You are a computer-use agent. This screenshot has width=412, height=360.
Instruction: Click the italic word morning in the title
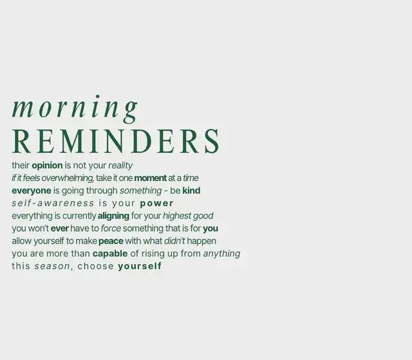[75, 109]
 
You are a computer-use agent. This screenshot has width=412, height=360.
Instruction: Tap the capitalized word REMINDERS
[116, 141]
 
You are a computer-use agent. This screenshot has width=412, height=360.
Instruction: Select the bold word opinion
[47, 166]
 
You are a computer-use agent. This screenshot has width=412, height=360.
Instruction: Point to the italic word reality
[120, 166]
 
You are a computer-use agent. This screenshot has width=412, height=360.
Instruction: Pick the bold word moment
[150, 178]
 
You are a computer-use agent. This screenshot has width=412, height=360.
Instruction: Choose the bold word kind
[191, 191]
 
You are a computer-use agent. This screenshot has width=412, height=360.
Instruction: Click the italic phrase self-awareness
[53, 203]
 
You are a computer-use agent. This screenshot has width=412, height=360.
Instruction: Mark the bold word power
[156, 204]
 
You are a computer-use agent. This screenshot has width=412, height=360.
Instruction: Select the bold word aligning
[113, 216]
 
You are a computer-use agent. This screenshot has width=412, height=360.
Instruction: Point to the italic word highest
[177, 216]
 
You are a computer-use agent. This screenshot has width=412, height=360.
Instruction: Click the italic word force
[111, 229]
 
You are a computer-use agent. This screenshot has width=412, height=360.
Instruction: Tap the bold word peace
[111, 242]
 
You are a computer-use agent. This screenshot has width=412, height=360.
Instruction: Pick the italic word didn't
[174, 241]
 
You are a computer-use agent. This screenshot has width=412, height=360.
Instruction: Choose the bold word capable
[110, 254]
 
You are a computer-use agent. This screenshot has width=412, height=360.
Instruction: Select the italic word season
[52, 267]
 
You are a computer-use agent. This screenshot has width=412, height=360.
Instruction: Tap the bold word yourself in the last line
[140, 266]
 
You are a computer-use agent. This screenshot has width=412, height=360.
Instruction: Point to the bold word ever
[60, 229]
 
